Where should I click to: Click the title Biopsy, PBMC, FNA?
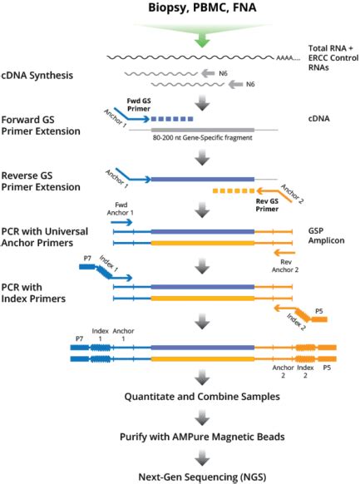(180, 10)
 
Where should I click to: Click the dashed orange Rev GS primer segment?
(233, 191)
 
